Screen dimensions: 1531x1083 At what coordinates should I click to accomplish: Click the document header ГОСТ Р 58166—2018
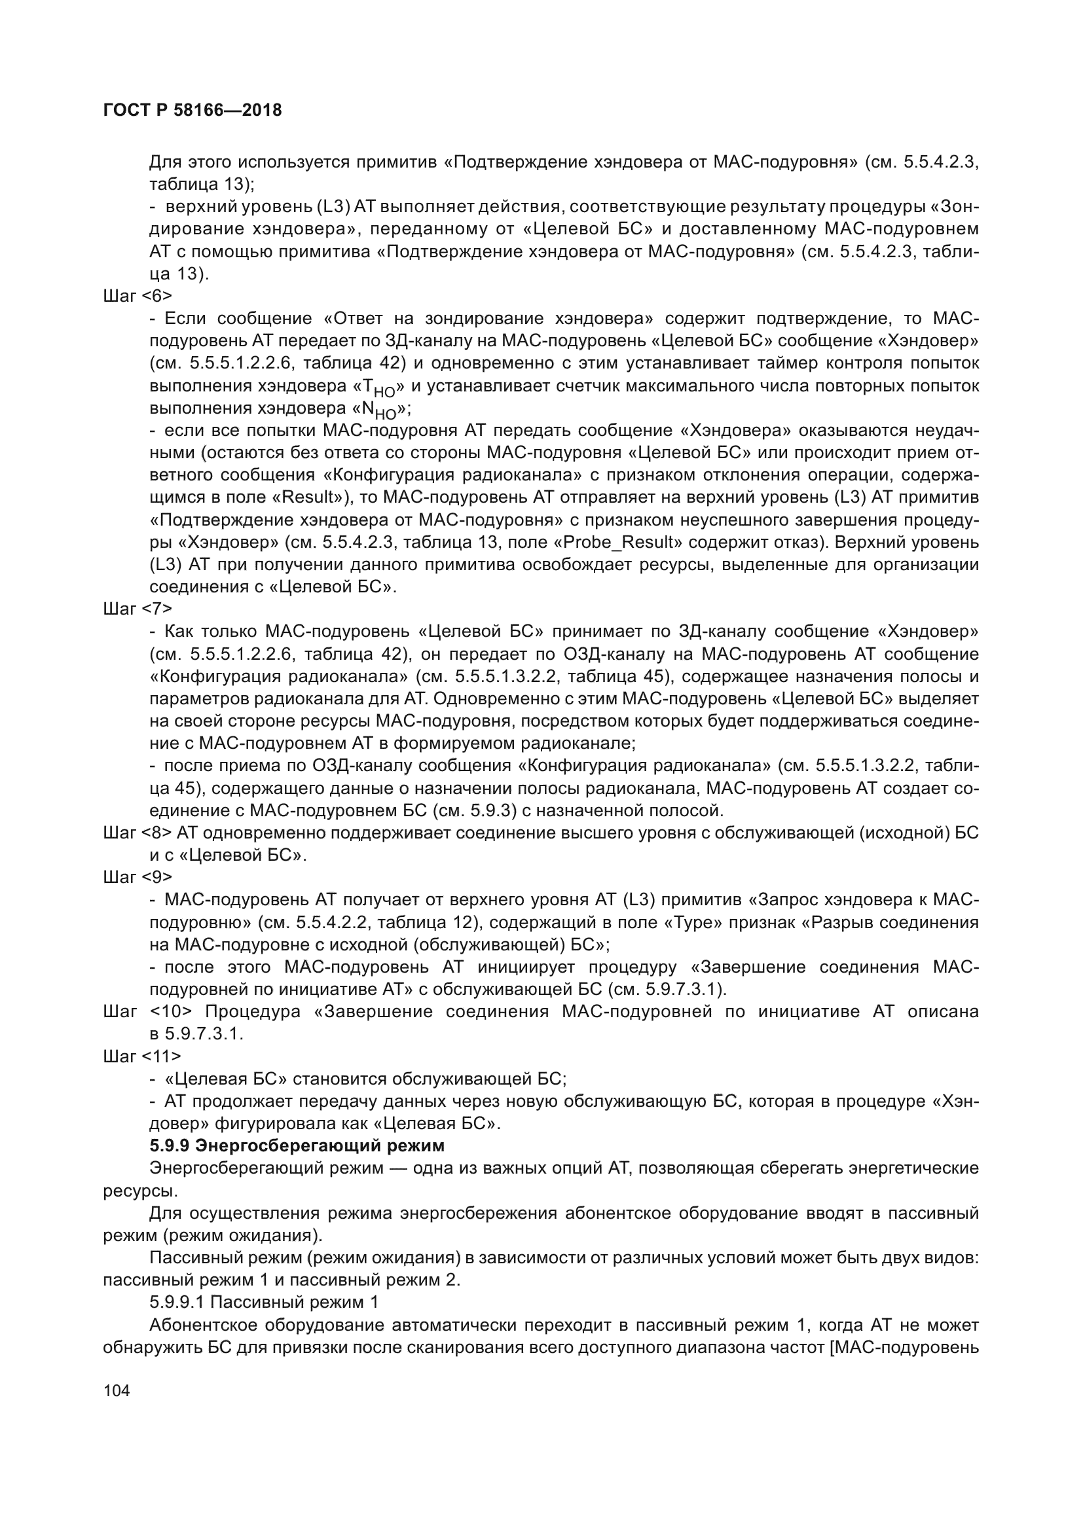tap(193, 110)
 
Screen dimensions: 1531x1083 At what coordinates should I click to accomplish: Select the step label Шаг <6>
tap(138, 296)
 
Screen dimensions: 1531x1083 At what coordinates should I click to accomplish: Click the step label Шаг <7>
tap(138, 609)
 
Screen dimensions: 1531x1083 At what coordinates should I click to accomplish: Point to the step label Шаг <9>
tap(138, 877)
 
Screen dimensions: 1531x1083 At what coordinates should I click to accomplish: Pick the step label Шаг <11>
tap(142, 1056)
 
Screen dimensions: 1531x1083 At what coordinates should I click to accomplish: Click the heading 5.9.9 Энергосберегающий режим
tap(297, 1145)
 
